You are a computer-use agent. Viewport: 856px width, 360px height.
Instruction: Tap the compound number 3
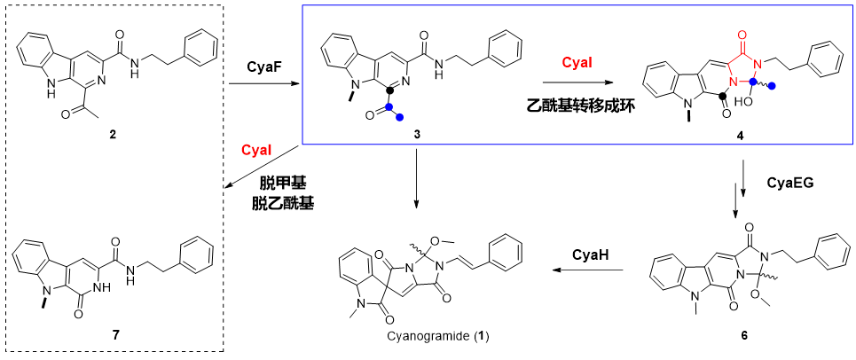click(x=417, y=134)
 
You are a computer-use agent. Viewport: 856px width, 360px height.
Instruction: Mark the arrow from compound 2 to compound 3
click(x=263, y=84)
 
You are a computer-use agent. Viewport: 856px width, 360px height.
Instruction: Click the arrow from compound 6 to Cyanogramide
click(x=587, y=270)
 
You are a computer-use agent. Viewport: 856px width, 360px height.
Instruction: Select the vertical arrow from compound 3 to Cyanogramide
click(x=417, y=178)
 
